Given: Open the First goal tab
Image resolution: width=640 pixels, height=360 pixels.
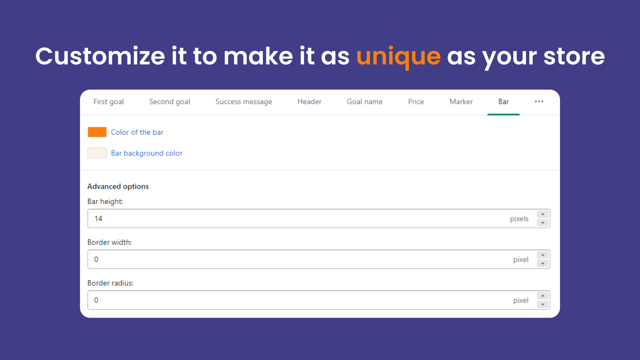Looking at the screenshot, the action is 108,102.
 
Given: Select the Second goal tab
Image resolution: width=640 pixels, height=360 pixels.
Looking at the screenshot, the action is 170,102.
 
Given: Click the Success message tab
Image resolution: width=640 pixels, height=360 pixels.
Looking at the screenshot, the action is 244,102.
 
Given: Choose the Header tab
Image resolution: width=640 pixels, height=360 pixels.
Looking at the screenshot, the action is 310,102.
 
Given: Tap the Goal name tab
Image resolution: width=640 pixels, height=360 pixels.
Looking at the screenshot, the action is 364,102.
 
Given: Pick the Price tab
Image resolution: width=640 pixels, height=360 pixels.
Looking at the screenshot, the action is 416,102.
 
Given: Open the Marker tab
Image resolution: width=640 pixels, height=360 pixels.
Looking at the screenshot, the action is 461,102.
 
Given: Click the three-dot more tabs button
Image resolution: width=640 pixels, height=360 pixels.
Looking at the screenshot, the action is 539,102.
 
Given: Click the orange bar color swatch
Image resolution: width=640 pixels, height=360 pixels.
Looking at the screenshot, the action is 97,132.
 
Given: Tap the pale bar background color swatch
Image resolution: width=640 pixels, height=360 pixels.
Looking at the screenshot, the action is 97,153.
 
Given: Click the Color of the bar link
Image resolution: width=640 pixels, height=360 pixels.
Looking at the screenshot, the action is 137,132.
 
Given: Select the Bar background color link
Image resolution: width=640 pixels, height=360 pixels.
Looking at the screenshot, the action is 146,153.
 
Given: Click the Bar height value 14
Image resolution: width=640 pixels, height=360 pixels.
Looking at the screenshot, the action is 98,218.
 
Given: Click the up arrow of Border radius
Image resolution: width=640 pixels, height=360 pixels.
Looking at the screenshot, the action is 542,296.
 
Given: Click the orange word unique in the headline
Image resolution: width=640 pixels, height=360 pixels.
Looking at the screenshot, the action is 398,56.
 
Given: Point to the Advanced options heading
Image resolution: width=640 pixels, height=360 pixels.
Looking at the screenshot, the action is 118,186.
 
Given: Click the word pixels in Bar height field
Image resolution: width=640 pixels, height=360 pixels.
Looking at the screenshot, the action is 519,219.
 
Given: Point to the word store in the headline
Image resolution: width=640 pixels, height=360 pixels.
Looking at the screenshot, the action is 574,56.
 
